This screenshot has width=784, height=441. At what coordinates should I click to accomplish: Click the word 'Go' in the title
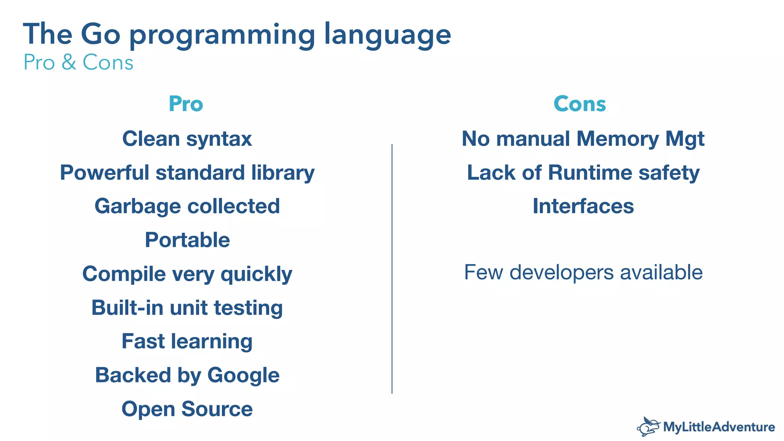coord(100,34)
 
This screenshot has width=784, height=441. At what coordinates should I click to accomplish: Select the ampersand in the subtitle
coord(69,62)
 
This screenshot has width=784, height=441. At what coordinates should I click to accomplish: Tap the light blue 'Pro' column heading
coord(186,104)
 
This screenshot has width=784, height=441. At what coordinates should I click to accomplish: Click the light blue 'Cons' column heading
coord(580,104)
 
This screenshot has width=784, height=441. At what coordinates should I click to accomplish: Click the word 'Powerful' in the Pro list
coord(104,173)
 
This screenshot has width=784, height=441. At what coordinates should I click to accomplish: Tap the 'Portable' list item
coord(187,240)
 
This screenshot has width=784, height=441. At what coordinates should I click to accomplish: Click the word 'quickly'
coord(256,274)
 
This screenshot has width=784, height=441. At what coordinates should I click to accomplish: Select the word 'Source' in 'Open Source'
coord(217,409)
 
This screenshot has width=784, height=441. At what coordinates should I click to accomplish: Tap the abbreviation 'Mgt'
coord(684,139)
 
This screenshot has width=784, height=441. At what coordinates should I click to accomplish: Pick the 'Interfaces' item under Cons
coord(583,206)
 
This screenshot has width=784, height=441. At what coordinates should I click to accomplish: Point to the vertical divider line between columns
coord(392,268)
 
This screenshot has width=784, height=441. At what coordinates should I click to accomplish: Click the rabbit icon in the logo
coord(648,427)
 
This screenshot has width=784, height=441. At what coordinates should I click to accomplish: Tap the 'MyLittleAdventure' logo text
coord(719,427)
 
